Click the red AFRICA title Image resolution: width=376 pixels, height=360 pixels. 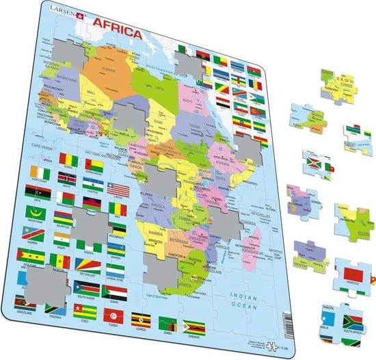pyautogui.click(x=118, y=35)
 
